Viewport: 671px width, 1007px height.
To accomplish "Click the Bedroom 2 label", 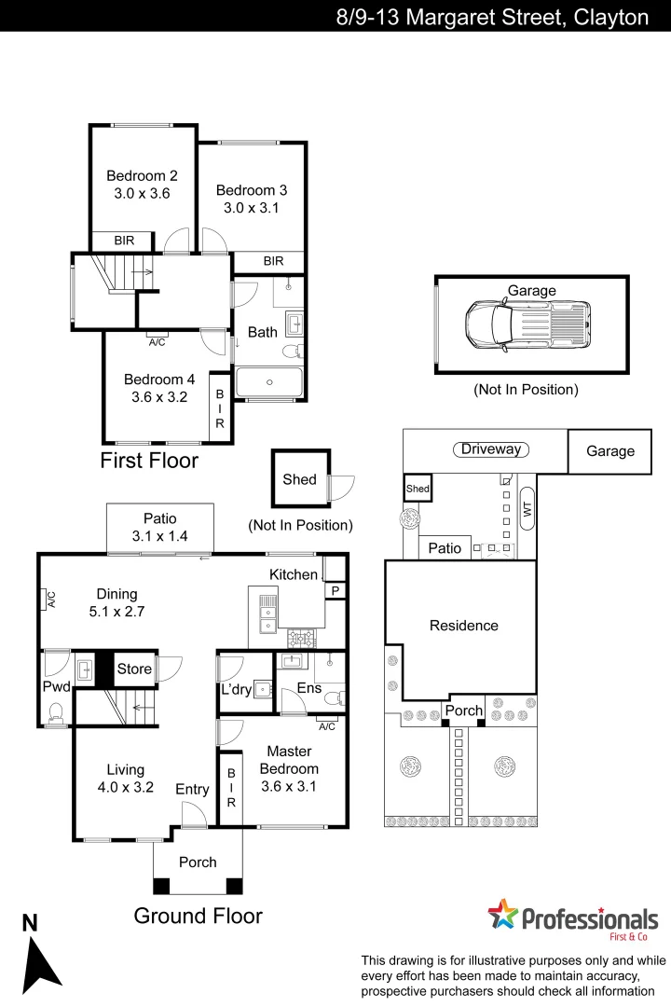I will point(142,175).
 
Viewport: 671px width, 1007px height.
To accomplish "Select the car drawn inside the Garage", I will point(527,325).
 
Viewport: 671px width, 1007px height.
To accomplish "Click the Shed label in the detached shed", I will point(300,479).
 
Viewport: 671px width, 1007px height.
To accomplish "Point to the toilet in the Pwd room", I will point(55,714).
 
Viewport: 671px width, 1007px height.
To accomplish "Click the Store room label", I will point(134,669).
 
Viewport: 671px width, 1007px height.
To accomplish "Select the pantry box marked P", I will point(333,591).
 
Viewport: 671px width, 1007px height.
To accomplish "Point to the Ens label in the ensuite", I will point(308,688).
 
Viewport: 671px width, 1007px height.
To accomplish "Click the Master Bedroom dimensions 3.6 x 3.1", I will point(289,786).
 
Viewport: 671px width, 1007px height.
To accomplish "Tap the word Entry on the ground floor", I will point(193,790).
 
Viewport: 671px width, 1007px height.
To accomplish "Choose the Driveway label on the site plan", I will point(491,449).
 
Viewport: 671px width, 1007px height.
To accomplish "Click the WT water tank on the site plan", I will point(527,509).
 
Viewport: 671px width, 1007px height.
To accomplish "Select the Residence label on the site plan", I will point(463,626).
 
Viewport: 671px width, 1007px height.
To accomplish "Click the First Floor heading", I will point(149,460).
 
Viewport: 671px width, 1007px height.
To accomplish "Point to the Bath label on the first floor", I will point(262,332).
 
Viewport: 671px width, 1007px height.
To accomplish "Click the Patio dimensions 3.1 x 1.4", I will point(160,536).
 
